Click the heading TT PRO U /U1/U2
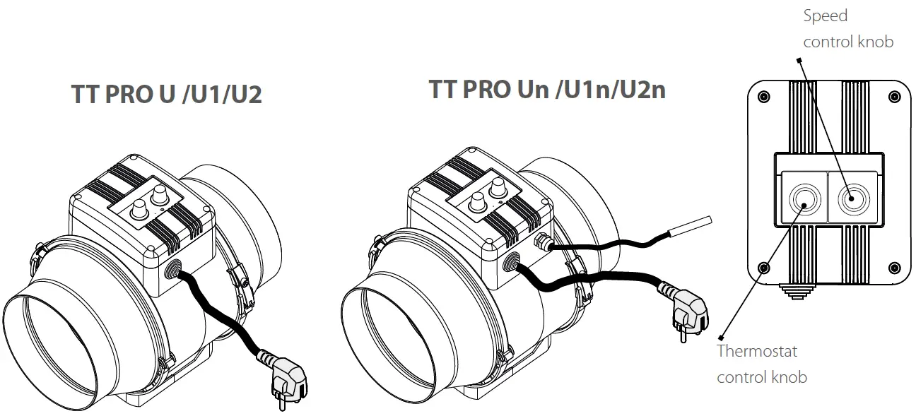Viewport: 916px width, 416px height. point(167,95)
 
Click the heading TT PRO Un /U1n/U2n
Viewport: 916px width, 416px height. point(546,90)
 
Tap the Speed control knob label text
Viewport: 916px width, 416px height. point(847,29)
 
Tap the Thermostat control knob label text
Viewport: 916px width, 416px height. point(761,364)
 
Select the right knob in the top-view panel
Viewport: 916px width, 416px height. point(851,198)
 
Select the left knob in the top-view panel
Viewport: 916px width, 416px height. point(804,198)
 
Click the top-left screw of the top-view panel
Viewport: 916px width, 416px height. point(763,96)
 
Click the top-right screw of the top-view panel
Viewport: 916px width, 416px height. point(894,96)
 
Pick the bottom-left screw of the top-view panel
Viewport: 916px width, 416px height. point(763,268)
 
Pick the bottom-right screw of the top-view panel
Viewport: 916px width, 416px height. point(894,268)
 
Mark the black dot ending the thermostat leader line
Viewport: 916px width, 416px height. point(722,335)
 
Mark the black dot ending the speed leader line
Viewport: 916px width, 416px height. point(801,60)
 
